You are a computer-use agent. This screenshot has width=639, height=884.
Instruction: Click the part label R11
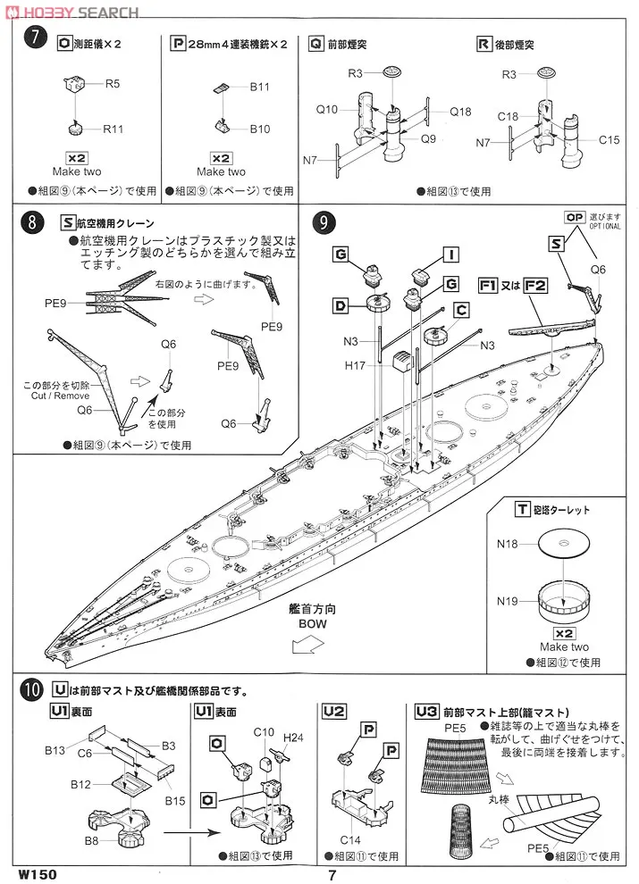click(x=113, y=129)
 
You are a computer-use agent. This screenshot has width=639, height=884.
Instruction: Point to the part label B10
click(x=259, y=129)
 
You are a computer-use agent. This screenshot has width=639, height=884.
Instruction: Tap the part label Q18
click(x=460, y=112)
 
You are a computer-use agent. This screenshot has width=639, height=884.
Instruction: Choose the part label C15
click(x=610, y=139)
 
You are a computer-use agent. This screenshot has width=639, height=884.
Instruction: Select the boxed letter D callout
click(x=341, y=306)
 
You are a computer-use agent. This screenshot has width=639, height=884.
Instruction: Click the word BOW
click(x=312, y=625)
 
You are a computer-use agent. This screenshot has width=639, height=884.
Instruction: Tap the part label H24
click(x=292, y=738)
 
